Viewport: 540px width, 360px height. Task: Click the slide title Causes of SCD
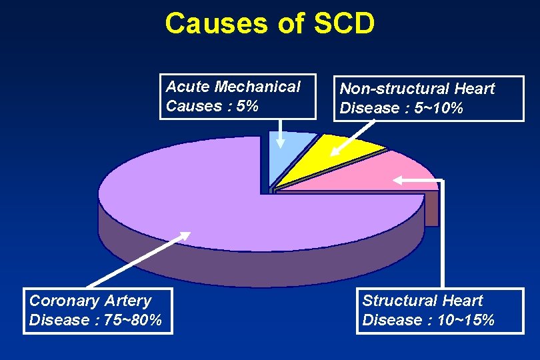click(x=269, y=23)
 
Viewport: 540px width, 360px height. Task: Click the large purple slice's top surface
click(x=200, y=193)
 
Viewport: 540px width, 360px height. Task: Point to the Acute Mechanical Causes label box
click(x=237, y=97)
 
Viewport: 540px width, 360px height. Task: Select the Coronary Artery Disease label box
click(x=98, y=311)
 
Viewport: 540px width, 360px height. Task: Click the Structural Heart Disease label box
click(x=440, y=311)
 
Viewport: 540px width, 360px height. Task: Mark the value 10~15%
click(x=466, y=321)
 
